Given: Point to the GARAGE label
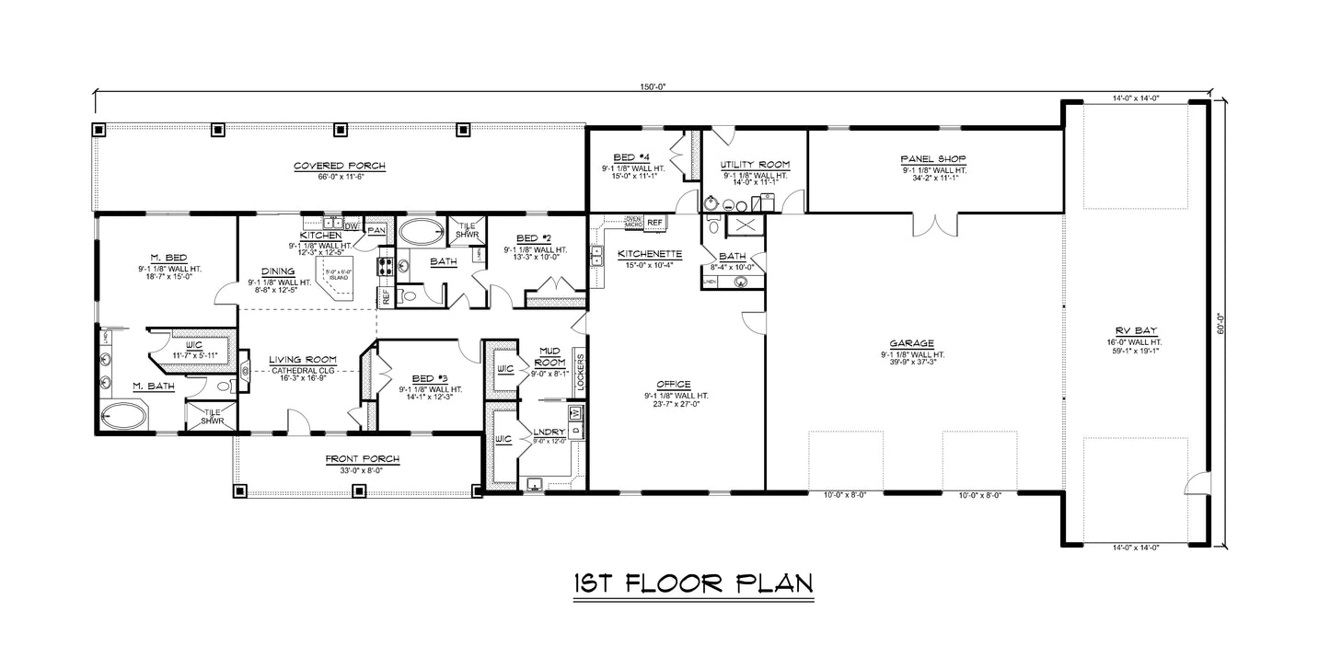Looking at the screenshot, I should pos(913,342).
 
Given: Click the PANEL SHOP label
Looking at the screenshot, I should pos(933,159).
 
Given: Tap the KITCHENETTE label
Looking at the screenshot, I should pos(649,252).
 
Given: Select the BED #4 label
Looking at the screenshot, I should pos(632,157).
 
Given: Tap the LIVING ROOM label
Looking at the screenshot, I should pos(302,360).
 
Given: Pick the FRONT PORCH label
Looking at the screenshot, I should pos(354,458).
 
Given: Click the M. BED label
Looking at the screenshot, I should pos(167,258).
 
